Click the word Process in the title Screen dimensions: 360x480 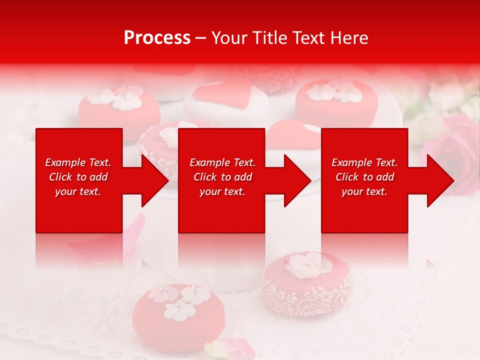157,38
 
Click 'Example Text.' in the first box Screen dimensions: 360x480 78,162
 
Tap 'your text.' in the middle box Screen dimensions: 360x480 222,191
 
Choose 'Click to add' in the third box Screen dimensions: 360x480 364,177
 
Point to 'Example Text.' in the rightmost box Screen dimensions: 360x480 364,162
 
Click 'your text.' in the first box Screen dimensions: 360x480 78,191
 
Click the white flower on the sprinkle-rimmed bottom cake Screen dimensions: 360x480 308,265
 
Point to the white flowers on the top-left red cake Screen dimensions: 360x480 120,97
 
